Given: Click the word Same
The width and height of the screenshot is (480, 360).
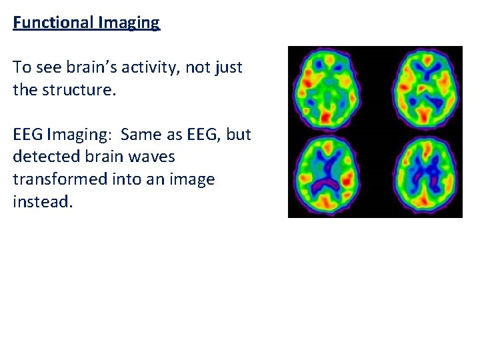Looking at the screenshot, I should pos(139,135).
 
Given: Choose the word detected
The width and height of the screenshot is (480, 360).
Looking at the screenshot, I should pos(42,157).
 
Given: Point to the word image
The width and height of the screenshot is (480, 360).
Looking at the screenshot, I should pos(193,180).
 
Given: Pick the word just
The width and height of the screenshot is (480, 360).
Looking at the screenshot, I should pos(229,67).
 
